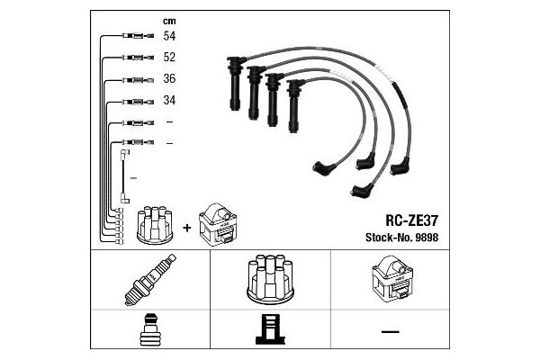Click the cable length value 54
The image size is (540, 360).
(169, 36)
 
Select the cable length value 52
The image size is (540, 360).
(169, 57)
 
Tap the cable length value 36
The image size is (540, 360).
(169, 78)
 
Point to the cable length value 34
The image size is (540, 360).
(169, 100)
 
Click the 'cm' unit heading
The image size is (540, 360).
(168, 19)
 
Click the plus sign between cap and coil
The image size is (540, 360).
(187, 227)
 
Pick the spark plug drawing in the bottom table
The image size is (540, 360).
(149, 280)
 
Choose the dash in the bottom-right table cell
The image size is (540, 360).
(389, 332)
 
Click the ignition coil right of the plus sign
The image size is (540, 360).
(219, 223)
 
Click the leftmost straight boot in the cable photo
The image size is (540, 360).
(235, 83)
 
